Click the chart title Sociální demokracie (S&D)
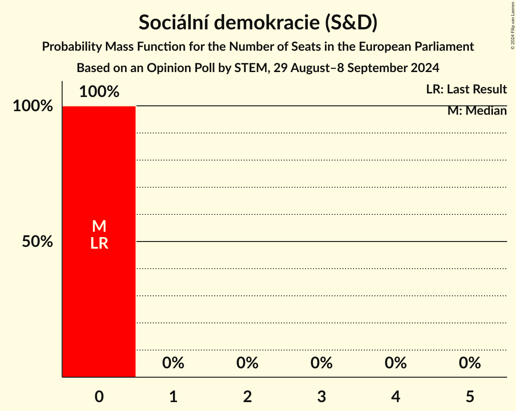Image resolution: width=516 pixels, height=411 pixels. [258, 22]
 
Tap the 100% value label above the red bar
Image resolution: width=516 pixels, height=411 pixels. [99, 92]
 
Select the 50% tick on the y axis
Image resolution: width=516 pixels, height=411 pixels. [38, 242]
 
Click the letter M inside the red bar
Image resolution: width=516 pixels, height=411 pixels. [99, 226]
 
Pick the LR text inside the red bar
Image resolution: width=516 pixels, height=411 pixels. [99, 243]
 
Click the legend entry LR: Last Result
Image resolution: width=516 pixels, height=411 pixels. [466, 89]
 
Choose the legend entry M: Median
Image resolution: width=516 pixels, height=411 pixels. [477, 111]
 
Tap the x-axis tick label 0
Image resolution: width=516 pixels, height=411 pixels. [99, 396]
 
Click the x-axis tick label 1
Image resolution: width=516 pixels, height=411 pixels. [173, 396]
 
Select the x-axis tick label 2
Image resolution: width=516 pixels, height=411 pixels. [247, 396]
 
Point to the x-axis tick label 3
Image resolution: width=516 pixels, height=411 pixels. [322, 396]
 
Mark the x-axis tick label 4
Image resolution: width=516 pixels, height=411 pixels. [396, 396]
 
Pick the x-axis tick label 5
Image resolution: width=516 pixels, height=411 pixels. [470, 396]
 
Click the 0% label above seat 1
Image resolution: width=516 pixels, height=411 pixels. [173, 363]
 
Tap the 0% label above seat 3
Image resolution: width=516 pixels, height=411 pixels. [322, 363]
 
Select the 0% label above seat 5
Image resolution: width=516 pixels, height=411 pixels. [470, 363]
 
